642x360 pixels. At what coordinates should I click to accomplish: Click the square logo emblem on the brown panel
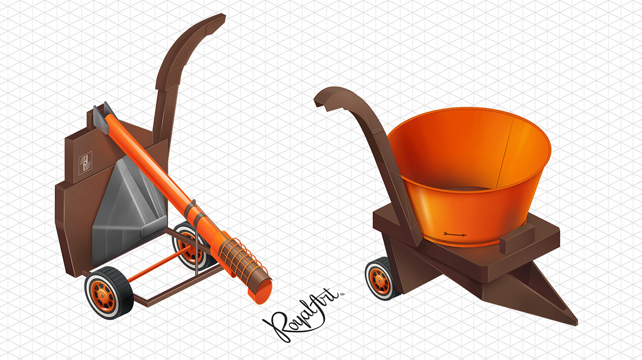coord(85,161)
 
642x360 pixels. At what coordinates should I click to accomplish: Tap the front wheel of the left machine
coord(109,293)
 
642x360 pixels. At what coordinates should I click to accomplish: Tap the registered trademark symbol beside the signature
coord(342,294)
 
